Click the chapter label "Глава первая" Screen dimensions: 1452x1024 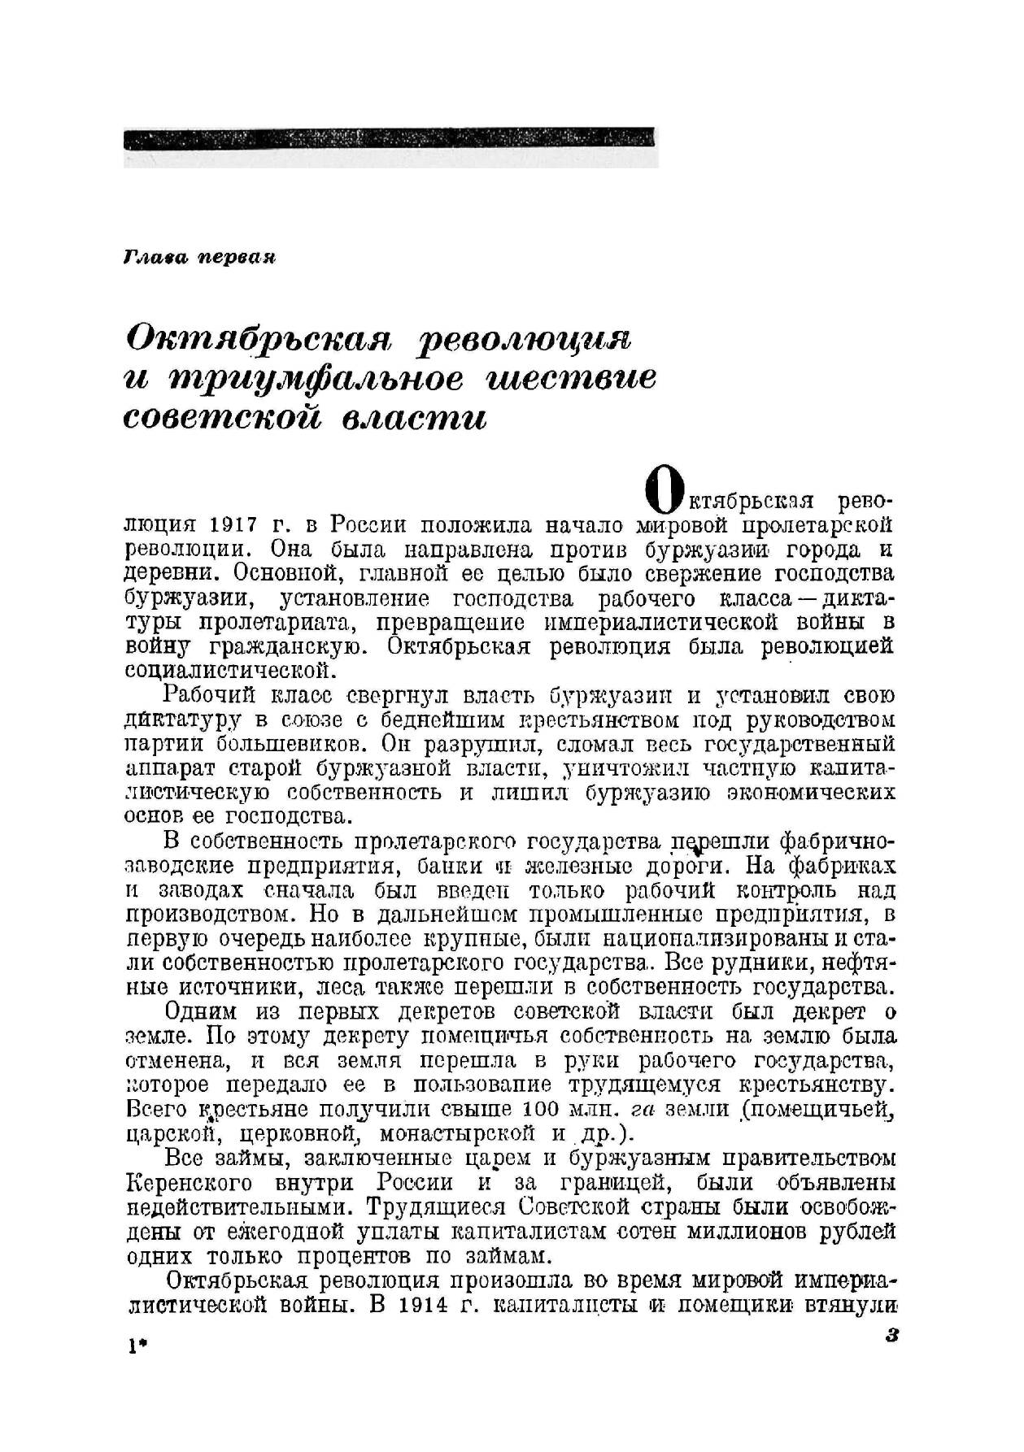click(200, 258)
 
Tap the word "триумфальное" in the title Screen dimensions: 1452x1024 click(315, 380)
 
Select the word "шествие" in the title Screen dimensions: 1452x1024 click(569, 380)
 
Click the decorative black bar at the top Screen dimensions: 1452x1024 click(390, 139)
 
